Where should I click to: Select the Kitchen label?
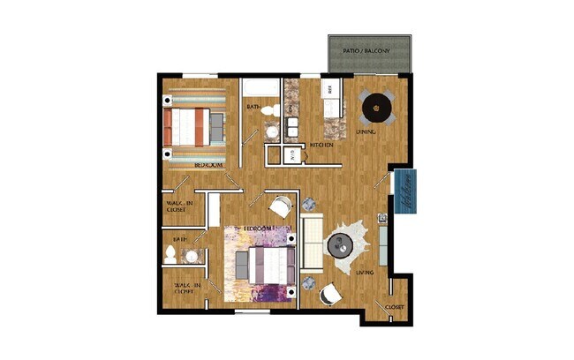[321, 145]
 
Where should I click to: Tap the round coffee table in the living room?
[340, 246]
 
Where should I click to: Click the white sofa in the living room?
[312, 240]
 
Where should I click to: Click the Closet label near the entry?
[394, 306]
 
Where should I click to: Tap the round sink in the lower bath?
[191, 257]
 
